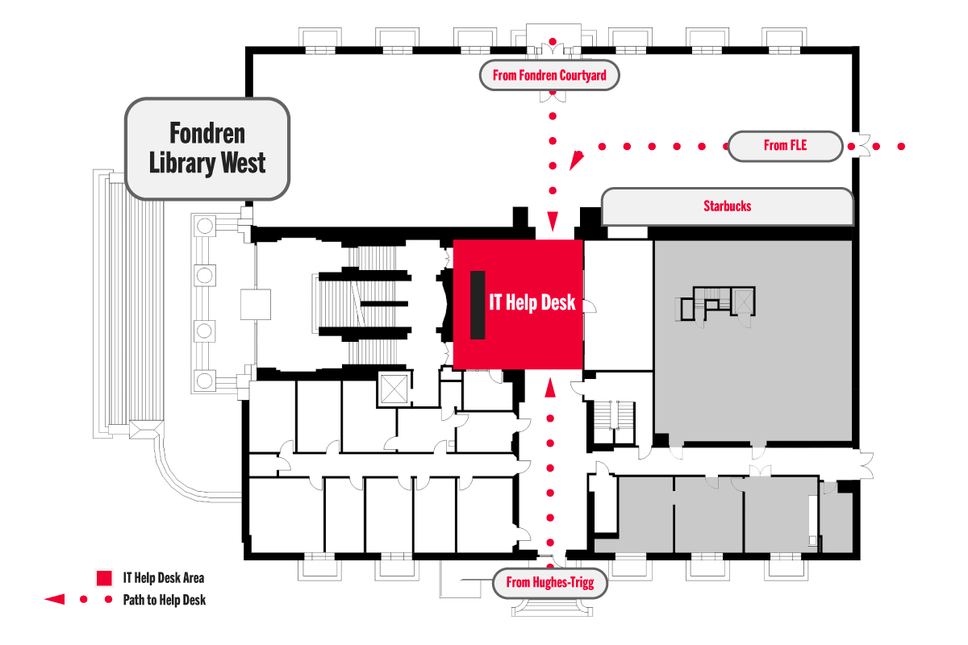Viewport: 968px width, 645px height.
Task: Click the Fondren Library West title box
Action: (207, 148)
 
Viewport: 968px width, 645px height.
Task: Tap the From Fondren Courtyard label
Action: (550, 76)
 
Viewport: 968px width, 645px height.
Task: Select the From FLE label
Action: (785, 146)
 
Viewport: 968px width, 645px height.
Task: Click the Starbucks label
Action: (727, 206)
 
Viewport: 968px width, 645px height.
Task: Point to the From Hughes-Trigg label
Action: (549, 582)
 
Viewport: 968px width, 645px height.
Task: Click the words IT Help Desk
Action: (532, 302)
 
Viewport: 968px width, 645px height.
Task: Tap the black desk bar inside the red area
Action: (478, 305)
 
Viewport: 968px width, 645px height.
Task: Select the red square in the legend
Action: (103, 578)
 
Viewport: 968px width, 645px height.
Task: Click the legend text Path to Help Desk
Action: (164, 600)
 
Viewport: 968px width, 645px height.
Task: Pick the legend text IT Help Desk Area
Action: (163, 578)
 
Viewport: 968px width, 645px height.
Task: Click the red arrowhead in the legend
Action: (55, 600)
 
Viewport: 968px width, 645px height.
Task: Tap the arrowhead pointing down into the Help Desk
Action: (553, 222)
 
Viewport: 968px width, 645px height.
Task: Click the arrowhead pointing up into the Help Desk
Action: (551, 389)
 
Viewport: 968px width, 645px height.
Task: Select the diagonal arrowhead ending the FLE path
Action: (576, 160)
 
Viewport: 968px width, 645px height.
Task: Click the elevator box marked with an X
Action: (394, 389)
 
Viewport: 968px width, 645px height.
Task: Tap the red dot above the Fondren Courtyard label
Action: (553, 40)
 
